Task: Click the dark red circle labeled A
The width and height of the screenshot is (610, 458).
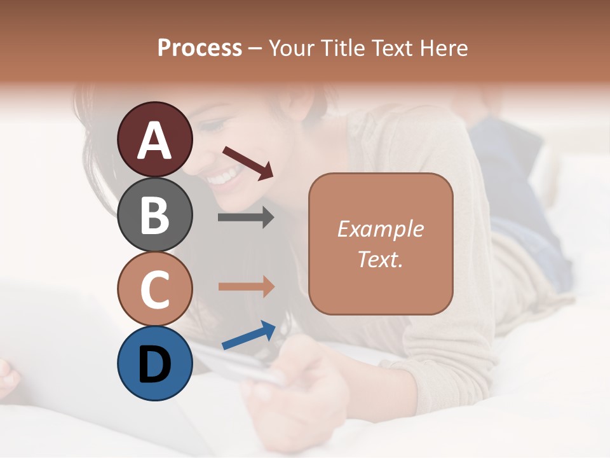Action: [154, 139]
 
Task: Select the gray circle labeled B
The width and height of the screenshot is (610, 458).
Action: [154, 214]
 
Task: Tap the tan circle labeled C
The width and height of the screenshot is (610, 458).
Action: [154, 289]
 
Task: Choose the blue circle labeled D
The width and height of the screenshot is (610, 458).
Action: [154, 363]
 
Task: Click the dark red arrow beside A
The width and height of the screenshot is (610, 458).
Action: [248, 163]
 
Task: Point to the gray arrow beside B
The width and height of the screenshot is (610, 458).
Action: [246, 218]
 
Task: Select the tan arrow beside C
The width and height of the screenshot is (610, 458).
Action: [246, 286]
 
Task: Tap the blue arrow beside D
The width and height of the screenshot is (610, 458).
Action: [248, 335]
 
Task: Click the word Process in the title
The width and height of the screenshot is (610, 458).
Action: [200, 48]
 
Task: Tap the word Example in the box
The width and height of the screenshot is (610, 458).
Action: [380, 229]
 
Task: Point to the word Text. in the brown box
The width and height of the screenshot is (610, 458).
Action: [380, 259]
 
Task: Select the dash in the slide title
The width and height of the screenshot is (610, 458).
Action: [255, 48]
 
